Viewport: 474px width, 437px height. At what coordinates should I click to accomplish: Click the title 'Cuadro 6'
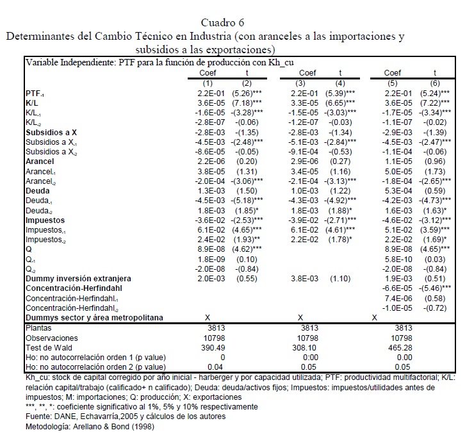click(x=236, y=24)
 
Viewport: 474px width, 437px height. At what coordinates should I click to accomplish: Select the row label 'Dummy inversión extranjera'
click(x=78, y=279)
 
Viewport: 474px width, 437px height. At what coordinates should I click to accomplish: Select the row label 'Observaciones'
click(x=51, y=338)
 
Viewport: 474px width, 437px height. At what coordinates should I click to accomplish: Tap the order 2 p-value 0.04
click(x=204, y=367)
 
